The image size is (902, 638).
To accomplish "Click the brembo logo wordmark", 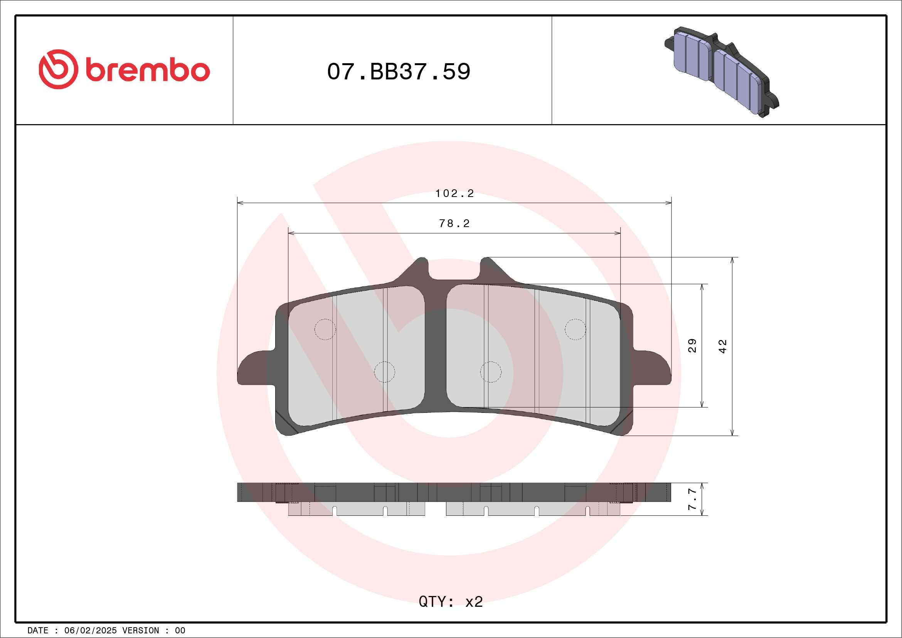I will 147,70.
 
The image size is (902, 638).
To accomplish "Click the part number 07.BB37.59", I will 398,71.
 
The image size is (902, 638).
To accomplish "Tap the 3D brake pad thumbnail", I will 721,72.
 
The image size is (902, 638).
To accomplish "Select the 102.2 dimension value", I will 454,193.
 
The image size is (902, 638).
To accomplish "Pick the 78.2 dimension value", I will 454,224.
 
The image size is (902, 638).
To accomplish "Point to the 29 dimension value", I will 692,345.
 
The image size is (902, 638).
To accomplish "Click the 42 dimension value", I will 722,346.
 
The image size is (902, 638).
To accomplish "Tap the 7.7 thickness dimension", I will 692,499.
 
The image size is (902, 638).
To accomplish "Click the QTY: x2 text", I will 451,601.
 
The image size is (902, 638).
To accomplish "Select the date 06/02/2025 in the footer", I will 90,631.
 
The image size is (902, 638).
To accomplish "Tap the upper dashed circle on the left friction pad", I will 325,329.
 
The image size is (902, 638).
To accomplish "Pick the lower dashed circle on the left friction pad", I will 384,372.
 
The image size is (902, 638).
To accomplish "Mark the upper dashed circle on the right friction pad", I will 575,329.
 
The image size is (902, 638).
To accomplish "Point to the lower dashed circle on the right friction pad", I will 491,372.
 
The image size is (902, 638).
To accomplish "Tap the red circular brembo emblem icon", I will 58,69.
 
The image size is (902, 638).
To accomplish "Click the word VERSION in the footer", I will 140,631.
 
